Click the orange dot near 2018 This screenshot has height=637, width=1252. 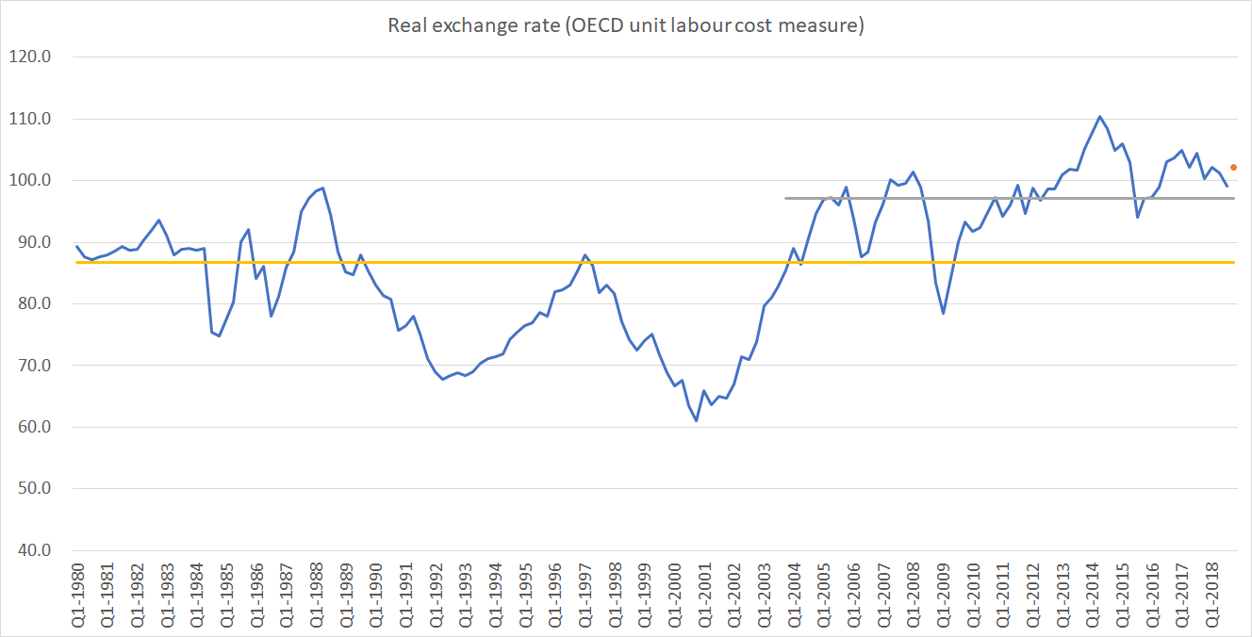coord(1233,167)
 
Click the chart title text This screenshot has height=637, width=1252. coord(626,25)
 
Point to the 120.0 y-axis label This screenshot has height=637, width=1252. coord(32,57)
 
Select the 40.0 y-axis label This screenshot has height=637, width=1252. coord(32,550)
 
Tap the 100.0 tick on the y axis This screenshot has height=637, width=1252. coord(32,181)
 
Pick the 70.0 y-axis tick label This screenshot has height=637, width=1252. coord(32,366)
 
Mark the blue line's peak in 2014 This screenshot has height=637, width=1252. coord(1099,117)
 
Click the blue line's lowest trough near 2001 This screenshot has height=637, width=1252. coord(696,420)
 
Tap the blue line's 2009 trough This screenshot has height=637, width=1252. coord(943,313)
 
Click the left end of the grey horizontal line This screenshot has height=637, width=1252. coord(786,198)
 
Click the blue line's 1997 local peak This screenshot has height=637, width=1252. coord(585,254)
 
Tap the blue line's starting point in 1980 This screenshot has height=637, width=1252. coord(76,246)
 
